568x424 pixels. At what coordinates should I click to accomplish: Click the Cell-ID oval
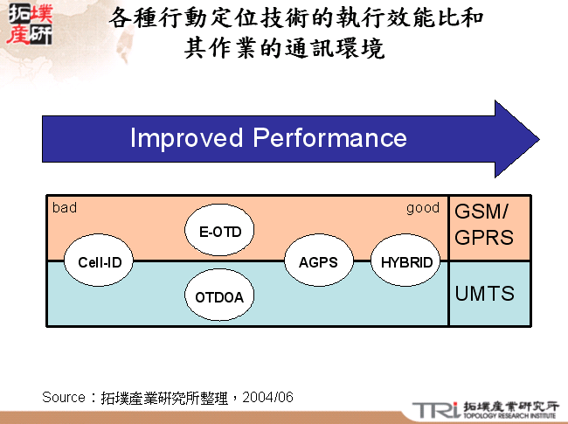click(x=99, y=261)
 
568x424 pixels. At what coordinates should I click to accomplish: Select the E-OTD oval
click(x=219, y=232)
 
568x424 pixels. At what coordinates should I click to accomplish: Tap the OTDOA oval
click(x=219, y=297)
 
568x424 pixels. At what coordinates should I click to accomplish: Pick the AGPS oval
click(x=318, y=261)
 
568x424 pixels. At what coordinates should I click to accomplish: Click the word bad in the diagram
click(x=65, y=208)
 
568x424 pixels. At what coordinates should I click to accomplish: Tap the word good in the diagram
click(x=423, y=208)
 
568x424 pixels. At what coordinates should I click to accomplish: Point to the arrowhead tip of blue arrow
click(x=537, y=139)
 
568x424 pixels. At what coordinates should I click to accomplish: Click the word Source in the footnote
click(x=64, y=397)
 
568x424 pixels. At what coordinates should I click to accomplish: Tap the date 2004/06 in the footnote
click(x=268, y=397)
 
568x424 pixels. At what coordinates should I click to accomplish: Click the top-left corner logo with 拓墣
click(x=28, y=25)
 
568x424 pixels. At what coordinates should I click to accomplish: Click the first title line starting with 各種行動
click(x=297, y=18)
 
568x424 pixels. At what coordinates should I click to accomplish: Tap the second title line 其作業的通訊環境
click(x=284, y=48)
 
